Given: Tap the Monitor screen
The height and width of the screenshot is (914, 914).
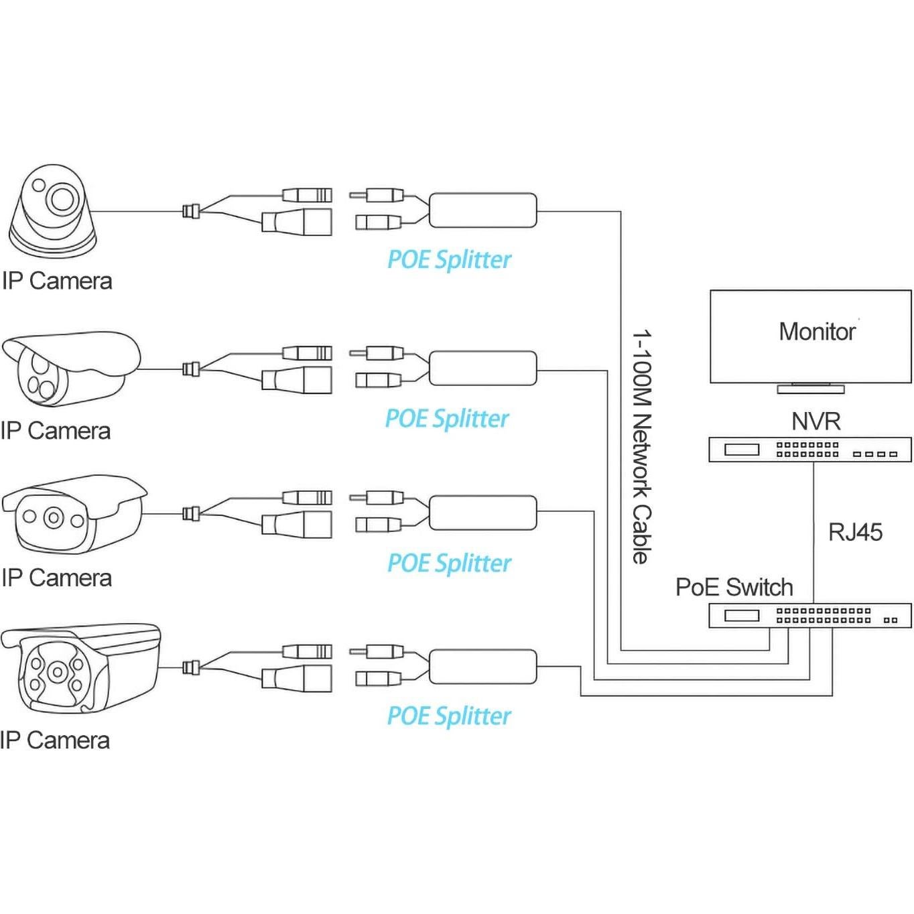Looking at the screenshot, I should pyautogui.click(x=810, y=336).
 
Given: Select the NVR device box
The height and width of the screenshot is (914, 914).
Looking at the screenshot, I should pyautogui.click(x=810, y=450).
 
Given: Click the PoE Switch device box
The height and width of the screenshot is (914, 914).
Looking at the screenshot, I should pyautogui.click(x=810, y=615).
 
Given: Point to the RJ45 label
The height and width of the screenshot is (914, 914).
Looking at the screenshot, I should pyautogui.click(x=855, y=533).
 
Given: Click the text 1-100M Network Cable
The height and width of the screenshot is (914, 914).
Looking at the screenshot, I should pyautogui.click(x=641, y=446).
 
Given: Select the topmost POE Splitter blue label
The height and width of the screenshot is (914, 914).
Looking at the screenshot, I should pyautogui.click(x=449, y=260).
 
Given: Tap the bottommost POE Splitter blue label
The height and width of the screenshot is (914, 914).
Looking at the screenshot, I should pyautogui.click(x=449, y=716).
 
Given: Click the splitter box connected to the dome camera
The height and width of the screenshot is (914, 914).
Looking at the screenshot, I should pyautogui.click(x=482, y=210).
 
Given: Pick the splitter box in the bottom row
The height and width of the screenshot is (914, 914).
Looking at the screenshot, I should pyautogui.click(x=482, y=667).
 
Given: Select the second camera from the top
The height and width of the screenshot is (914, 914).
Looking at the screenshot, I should pyautogui.click(x=70, y=369).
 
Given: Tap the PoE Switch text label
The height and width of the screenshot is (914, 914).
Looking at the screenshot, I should pyautogui.click(x=734, y=588).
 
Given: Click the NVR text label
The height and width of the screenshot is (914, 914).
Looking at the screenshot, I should pyautogui.click(x=815, y=421).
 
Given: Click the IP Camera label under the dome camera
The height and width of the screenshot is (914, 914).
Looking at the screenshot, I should pyautogui.click(x=57, y=281).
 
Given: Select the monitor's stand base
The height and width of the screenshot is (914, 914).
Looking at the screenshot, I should pyautogui.click(x=810, y=389).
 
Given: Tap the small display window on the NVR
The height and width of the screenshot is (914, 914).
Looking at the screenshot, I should pyautogui.click(x=742, y=450).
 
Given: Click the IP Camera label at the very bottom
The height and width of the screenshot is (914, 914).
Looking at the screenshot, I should pyautogui.click(x=55, y=740).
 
